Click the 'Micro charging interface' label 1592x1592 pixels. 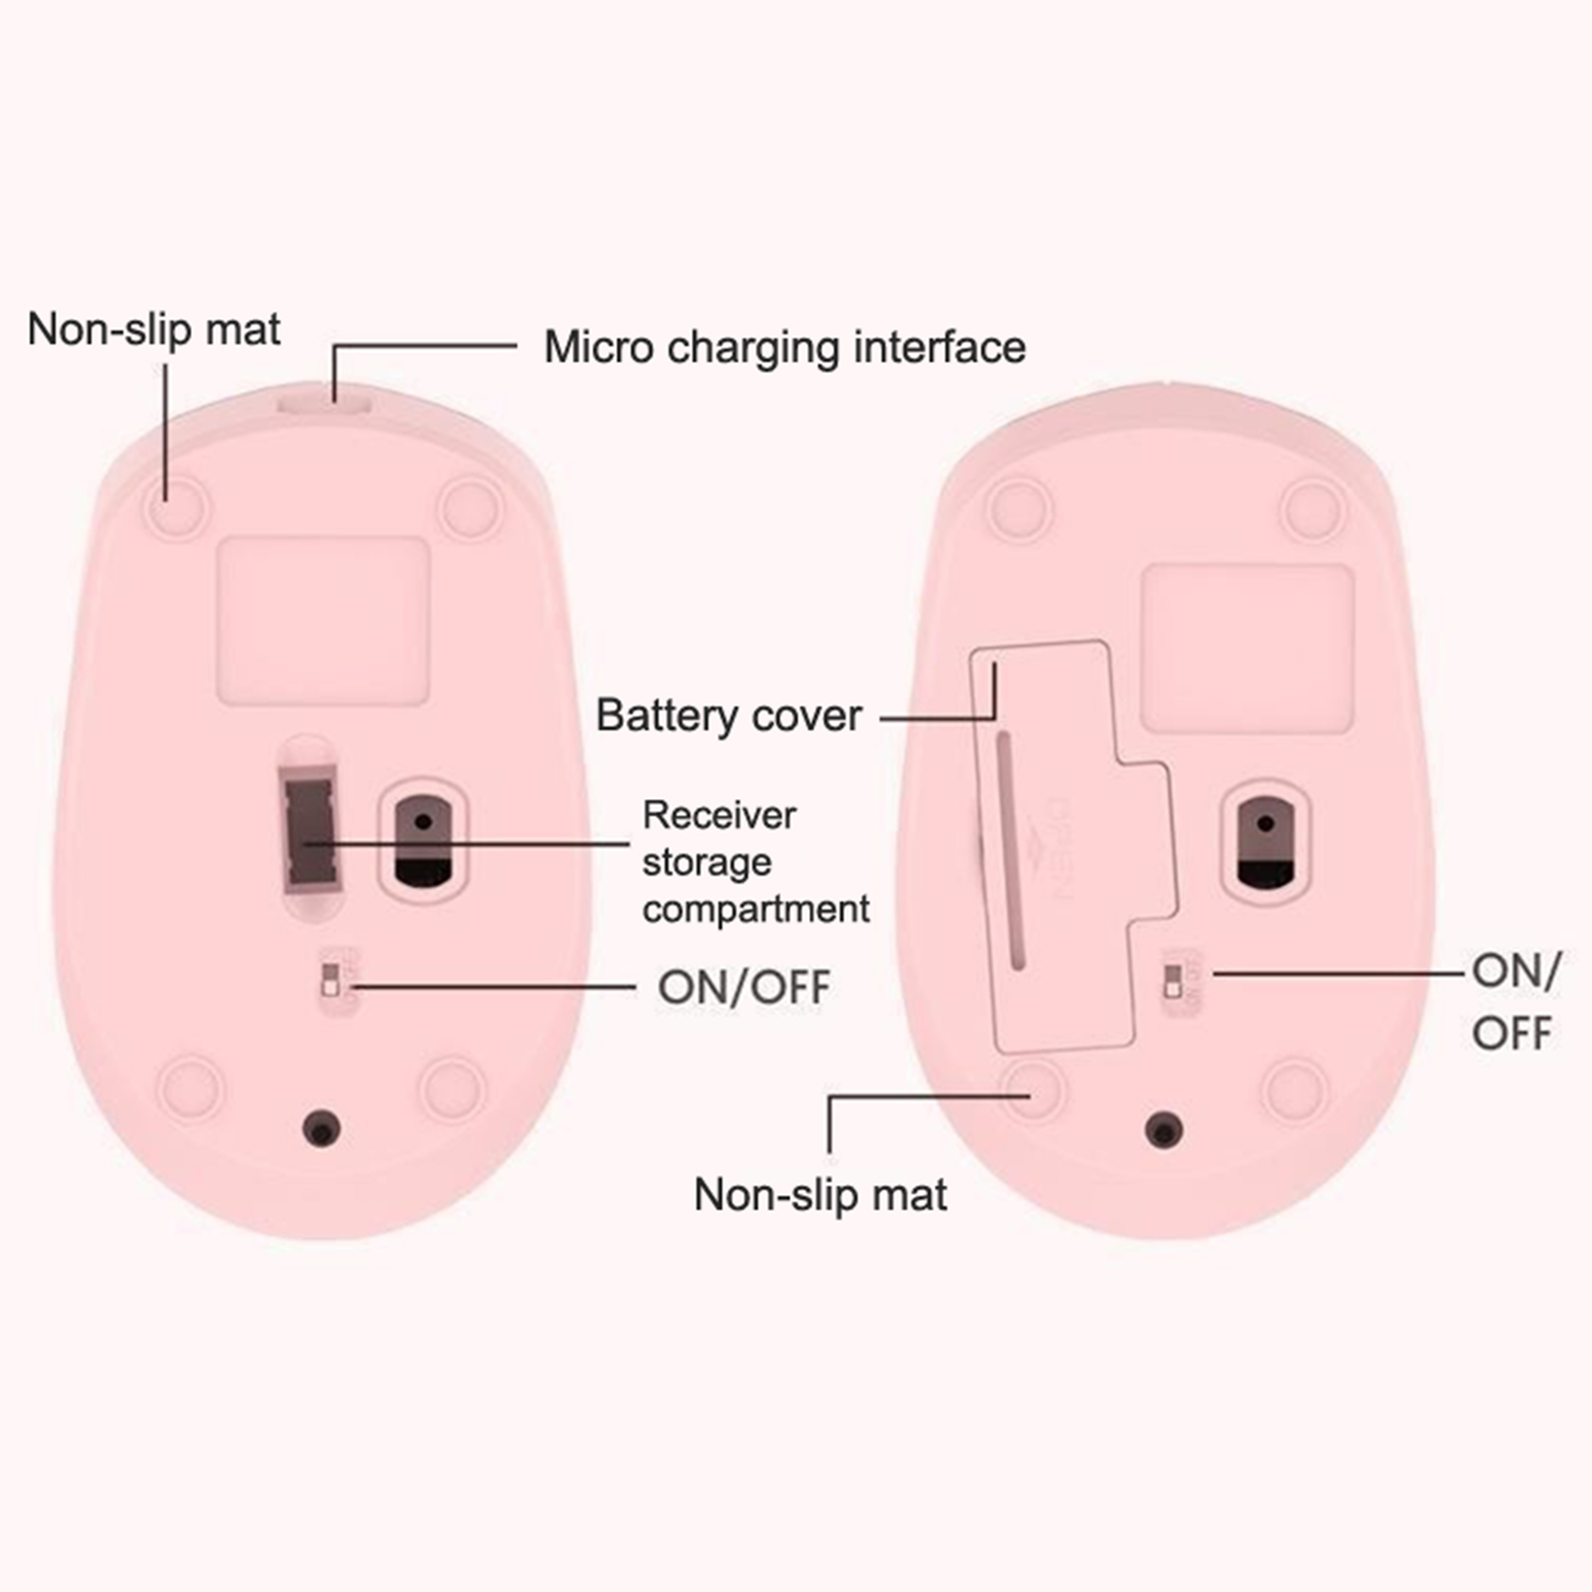(x=784, y=348)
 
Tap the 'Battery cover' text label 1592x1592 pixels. (x=728, y=715)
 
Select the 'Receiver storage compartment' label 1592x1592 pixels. (x=754, y=862)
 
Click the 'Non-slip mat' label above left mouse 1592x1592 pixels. (x=153, y=329)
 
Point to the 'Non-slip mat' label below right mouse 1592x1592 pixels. (x=820, y=1195)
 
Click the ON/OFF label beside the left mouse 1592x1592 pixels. (x=743, y=987)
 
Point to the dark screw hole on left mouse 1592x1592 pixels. (x=321, y=1129)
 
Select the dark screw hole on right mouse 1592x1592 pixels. (x=1164, y=1129)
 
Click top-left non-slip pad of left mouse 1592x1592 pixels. (x=178, y=506)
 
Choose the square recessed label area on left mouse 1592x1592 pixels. (x=323, y=620)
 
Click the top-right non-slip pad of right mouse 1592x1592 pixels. (x=1313, y=509)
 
